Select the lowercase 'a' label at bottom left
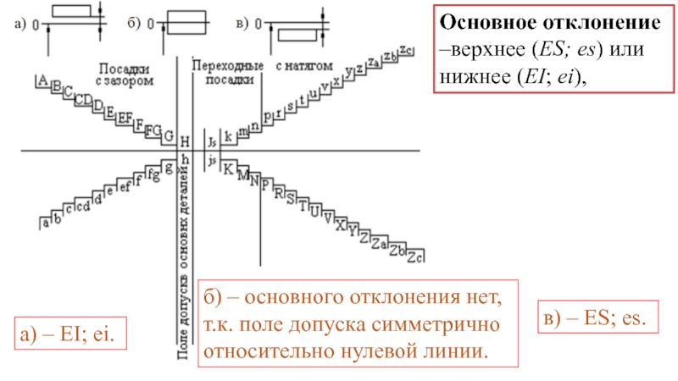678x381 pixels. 45,224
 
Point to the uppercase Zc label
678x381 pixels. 415,257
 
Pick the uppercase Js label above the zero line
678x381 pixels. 212,142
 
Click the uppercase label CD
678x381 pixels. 83,101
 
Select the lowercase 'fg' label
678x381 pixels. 153,175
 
